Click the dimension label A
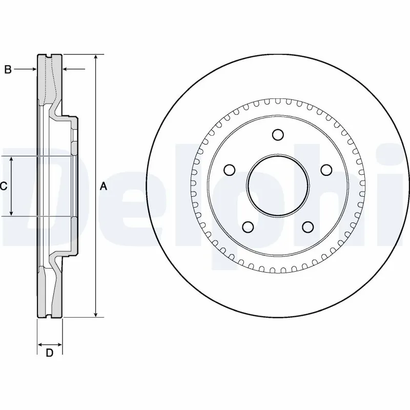click(x=103, y=187)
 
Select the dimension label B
click(x=8, y=70)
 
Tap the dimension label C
click(x=4, y=187)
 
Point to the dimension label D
click(x=50, y=353)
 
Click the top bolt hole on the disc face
click(x=278, y=135)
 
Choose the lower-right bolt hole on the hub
click(x=307, y=227)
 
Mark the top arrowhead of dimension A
click(x=95, y=56)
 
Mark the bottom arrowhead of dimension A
click(x=95, y=315)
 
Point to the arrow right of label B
click(x=34, y=69)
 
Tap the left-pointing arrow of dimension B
click(x=66, y=69)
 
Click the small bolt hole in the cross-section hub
click(x=75, y=135)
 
